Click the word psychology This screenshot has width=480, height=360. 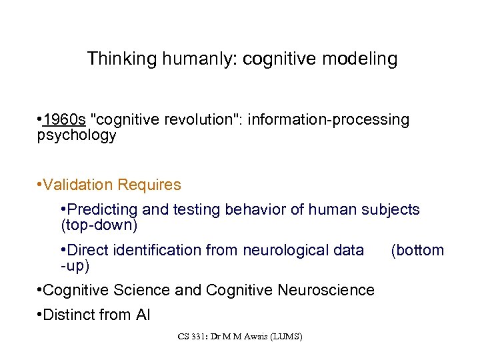pos(77,136)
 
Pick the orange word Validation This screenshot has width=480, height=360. pos(77,184)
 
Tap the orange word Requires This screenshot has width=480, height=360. pos(148,184)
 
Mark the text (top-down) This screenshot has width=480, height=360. pos(99,225)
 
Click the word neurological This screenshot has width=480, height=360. pos(282,250)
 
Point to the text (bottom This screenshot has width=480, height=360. pos(417,250)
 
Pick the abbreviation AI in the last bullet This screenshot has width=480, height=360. pos(143,314)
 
